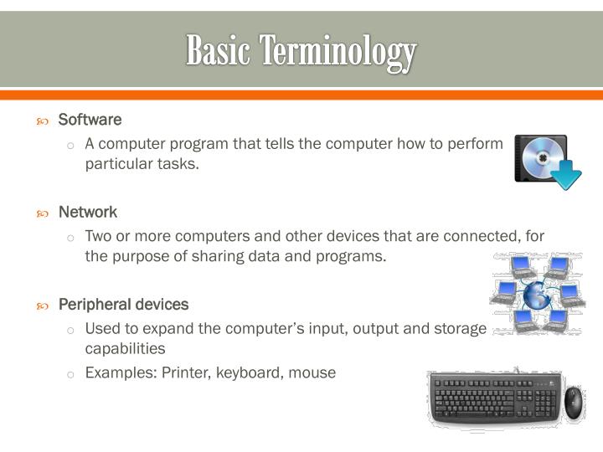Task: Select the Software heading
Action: click(90, 120)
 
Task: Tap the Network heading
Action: click(87, 212)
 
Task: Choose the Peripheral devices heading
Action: click(123, 304)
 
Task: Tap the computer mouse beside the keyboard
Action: click(574, 403)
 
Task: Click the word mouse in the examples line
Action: click(312, 372)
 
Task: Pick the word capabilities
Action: click(125, 347)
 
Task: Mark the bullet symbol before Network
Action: click(43, 213)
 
